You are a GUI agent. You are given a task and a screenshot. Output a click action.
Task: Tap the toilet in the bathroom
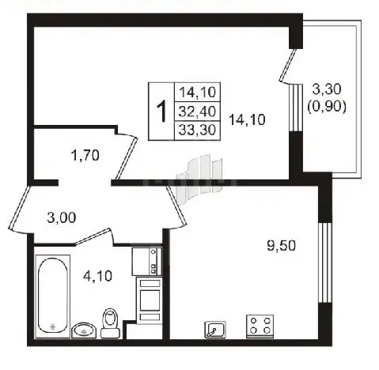111,323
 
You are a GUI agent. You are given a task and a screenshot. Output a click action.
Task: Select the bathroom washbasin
84,330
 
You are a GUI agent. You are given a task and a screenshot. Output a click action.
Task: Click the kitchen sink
215,330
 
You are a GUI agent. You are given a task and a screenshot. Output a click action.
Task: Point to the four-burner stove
260,327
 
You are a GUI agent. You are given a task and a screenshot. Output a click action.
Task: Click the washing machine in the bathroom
147,262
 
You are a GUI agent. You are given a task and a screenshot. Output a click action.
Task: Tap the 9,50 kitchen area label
282,246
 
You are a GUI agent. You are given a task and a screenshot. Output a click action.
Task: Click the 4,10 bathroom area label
97,277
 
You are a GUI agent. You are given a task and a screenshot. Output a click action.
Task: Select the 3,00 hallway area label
62,218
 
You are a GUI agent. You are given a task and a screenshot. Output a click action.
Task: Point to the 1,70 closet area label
85,155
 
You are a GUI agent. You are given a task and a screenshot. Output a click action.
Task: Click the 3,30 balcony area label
327,89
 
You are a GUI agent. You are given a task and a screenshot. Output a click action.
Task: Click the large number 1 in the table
161,111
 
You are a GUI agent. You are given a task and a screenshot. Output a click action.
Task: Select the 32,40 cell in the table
197,111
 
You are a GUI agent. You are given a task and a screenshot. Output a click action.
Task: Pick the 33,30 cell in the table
197,130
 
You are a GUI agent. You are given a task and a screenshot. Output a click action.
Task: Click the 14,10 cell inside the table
197,92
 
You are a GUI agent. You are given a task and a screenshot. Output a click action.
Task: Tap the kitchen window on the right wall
324,263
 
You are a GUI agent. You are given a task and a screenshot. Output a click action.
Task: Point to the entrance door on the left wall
20,208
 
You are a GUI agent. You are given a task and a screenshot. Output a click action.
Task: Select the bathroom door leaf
92,236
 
